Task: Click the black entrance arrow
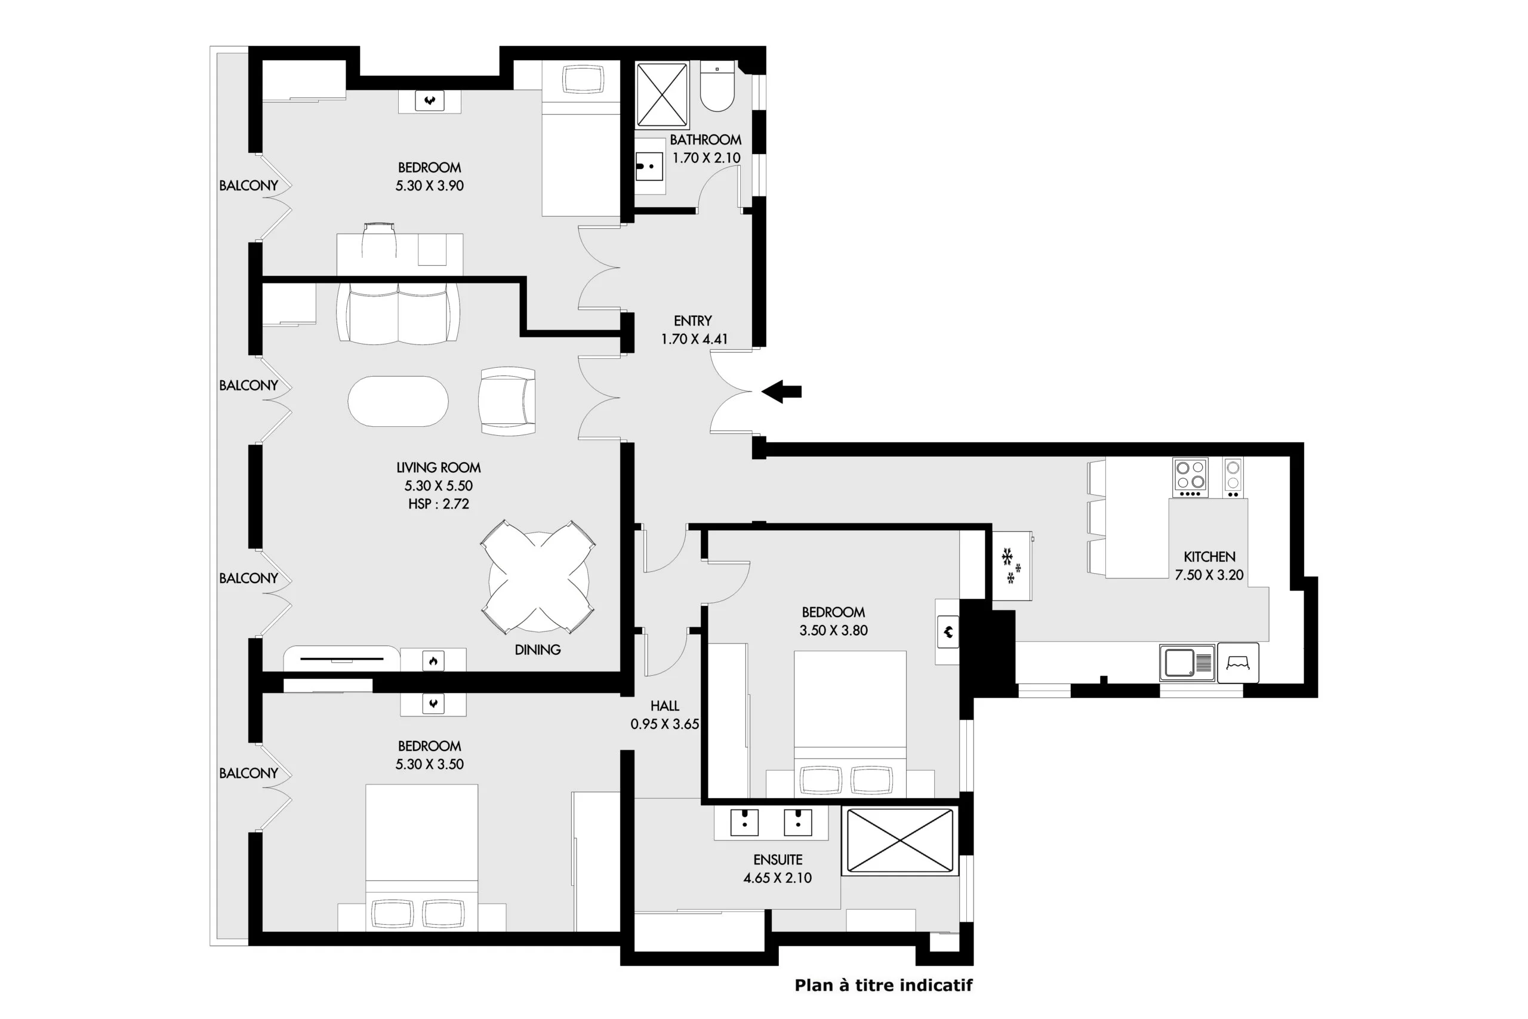tap(781, 392)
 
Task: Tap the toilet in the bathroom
tap(717, 86)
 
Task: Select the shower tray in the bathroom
tap(661, 94)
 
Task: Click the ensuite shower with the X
tap(899, 841)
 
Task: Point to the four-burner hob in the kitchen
tap(1190, 478)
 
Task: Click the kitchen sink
tap(1187, 663)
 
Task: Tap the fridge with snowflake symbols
tap(1012, 565)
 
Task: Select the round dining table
tap(538, 577)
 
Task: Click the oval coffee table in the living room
tap(398, 401)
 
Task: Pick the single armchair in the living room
tap(507, 401)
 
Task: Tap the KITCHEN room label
tap(1209, 557)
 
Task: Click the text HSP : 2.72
tap(439, 504)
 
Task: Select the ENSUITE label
tap(778, 860)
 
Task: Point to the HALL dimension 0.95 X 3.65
tap(664, 724)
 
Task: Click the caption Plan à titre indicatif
tap(883, 985)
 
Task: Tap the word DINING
tap(537, 650)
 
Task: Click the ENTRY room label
tap(692, 321)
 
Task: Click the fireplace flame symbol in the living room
tap(433, 661)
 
